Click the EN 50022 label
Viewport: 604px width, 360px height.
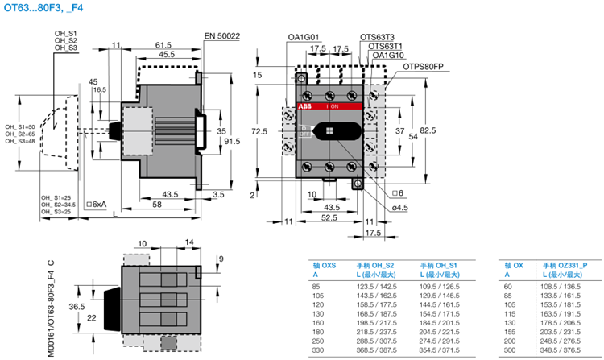coord(222,36)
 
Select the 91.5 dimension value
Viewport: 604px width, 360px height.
coord(232,142)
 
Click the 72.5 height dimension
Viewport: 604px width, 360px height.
coord(259,130)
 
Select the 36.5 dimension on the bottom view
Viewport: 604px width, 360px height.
coord(77,307)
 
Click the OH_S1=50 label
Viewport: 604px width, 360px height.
coord(20,126)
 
